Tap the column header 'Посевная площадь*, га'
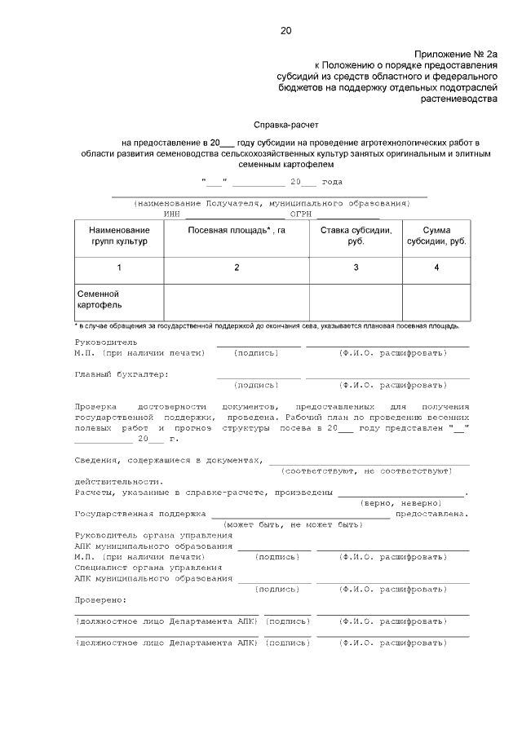click(237, 231)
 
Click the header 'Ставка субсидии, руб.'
click(356, 236)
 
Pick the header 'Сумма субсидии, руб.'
click(436, 236)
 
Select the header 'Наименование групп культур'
click(119, 236)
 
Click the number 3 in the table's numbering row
click(356, 267)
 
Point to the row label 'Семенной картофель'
click(100, 299)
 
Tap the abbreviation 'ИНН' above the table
click(171, 213)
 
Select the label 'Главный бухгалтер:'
click(121, 374)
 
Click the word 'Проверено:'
click(100, 600)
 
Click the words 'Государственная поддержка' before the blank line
click(139, 514)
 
